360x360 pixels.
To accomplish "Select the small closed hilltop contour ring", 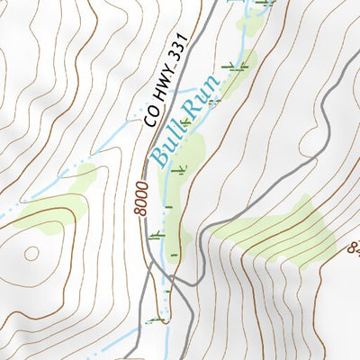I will [x=31, y=253].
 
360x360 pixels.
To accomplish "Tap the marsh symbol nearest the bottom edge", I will [x=161, y=319].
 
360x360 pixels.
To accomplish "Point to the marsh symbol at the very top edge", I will [x=264, y=4].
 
